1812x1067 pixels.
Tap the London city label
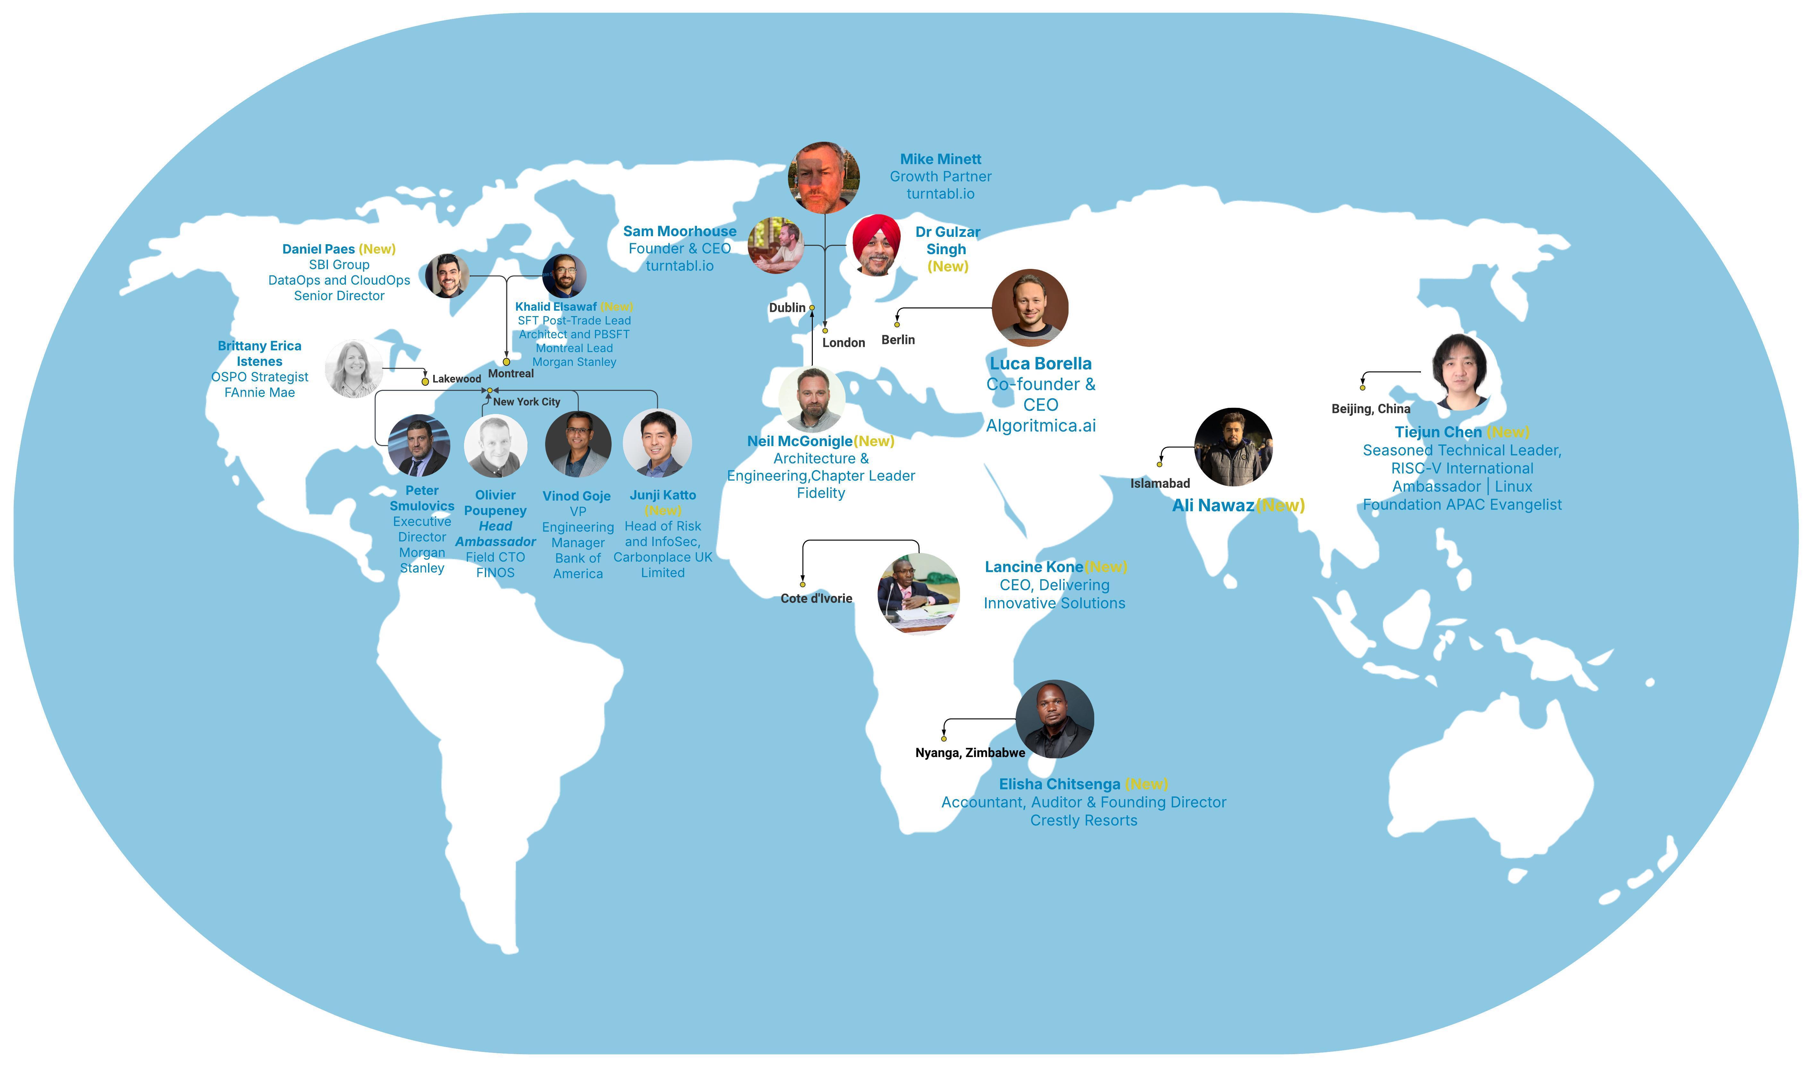[844, 343]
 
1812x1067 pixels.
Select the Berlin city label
[898, 340]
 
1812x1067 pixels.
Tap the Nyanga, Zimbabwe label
[970, 753]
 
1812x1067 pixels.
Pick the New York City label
[526, 402]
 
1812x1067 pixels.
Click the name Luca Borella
[1041, 364]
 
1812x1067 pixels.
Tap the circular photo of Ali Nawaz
[1233, 447]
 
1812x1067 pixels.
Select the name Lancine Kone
[1033, 567]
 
